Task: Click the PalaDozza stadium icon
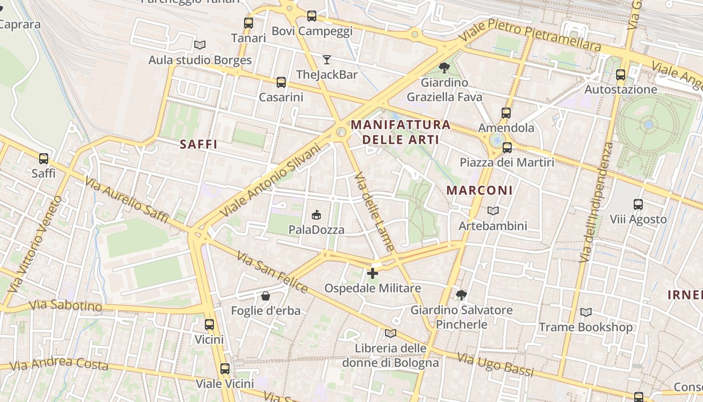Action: click(316, 215)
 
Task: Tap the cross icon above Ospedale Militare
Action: click(373, 273)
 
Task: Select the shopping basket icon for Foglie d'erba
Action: click(266, 296)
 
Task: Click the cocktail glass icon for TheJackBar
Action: click(327, 60)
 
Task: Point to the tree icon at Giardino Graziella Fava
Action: click(444, 67)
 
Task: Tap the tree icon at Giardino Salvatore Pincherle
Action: click(461, 294)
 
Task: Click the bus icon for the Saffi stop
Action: click(44, 159)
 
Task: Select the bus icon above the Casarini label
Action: click(281, 82)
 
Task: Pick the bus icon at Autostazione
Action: click(621, 75)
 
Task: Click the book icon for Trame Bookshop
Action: click(585, 312)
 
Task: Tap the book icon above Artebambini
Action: click(493, 211)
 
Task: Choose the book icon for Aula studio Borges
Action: click(200, 45)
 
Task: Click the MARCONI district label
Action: click(480, 190)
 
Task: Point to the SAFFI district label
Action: click(198, 145)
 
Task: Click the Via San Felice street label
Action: click(272, 273)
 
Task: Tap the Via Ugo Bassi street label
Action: click(495, 364)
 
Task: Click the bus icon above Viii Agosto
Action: click(638, 205)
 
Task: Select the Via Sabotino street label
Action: click(65, 306)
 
